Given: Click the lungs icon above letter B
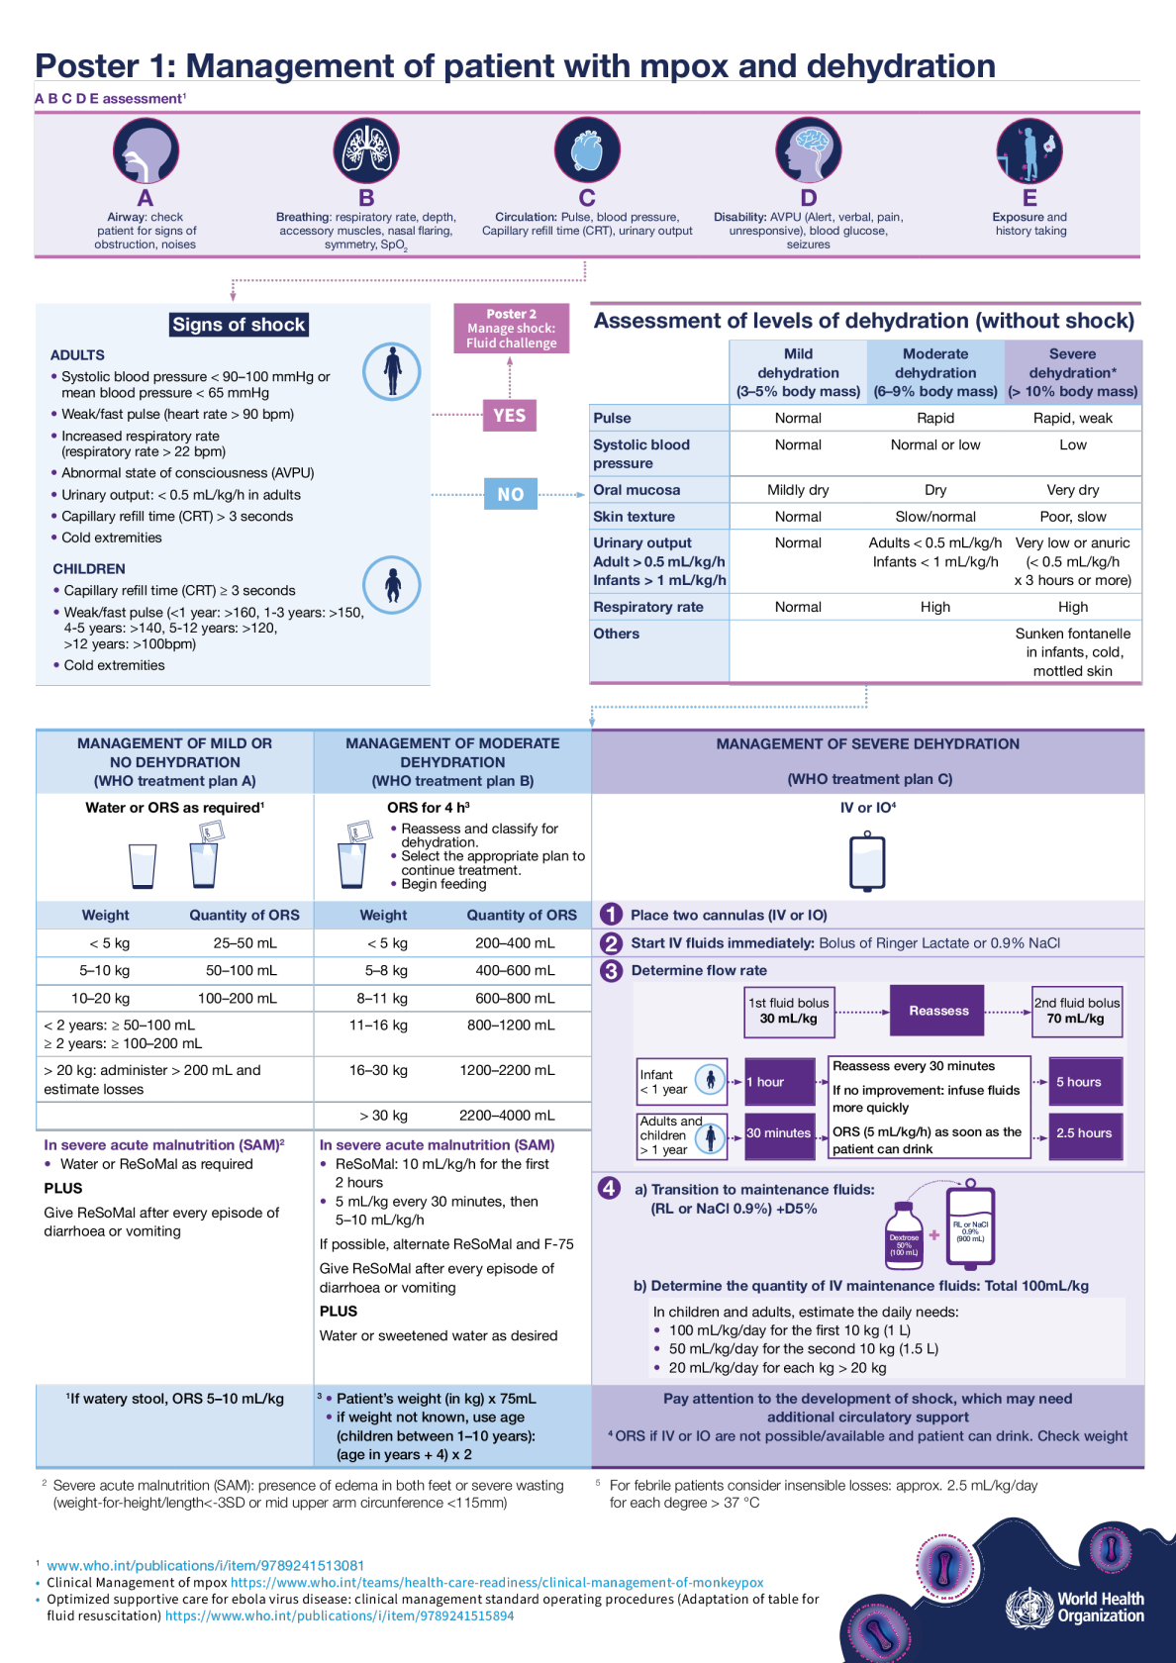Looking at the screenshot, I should tap(366, 151).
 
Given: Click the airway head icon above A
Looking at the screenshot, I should tap(146, 151).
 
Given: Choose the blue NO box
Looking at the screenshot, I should tap(511, 493).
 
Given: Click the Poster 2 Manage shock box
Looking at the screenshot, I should tap(511, 329).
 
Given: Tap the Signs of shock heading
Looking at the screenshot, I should tap(239, 325).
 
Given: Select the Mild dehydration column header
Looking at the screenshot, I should tap(798, 372).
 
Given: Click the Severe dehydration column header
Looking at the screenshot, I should tap(1073, 372).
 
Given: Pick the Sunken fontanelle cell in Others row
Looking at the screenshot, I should tap(1073, 652).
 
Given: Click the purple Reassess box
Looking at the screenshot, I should tap(938, 1011).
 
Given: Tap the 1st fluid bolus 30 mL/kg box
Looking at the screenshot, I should tap(789, 1011).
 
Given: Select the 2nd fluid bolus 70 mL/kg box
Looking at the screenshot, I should tap(1077, 1011).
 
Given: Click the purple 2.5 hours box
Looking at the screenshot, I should tap(1086, 1133).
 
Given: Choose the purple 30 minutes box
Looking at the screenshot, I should tap(778, 1133).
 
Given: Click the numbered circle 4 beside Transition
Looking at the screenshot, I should tap(610, 1188).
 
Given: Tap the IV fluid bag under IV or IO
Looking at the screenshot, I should tap(867, 861).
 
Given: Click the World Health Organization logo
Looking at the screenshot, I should tap(1075, 1608).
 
